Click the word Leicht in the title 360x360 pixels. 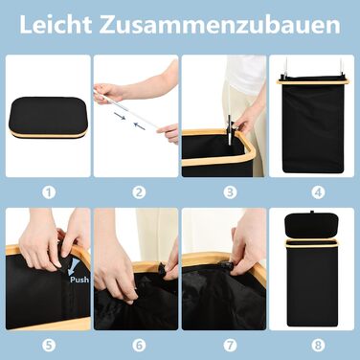[x=56, y=24]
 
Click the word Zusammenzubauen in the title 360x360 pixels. [x=219, y=24]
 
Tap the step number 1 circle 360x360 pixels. [x=49, y=192]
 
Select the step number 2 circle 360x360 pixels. [x=139, y=192]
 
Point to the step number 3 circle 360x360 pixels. [x=230, y=192]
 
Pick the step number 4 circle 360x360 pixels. [x=318, y=192]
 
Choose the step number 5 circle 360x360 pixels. [x=49, y=345]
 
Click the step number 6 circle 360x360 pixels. [x=139, y=345]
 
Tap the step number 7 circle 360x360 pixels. [x=230, y=345]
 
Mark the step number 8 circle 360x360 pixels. [x=318, y=345]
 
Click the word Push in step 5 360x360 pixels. [x=79, y=280]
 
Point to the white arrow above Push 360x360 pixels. [x=75, y=266]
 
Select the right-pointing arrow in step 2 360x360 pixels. [x=120, y=116]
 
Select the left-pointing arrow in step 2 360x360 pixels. [x=140, y=126]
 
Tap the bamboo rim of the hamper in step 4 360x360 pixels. [x=312, y=82]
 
